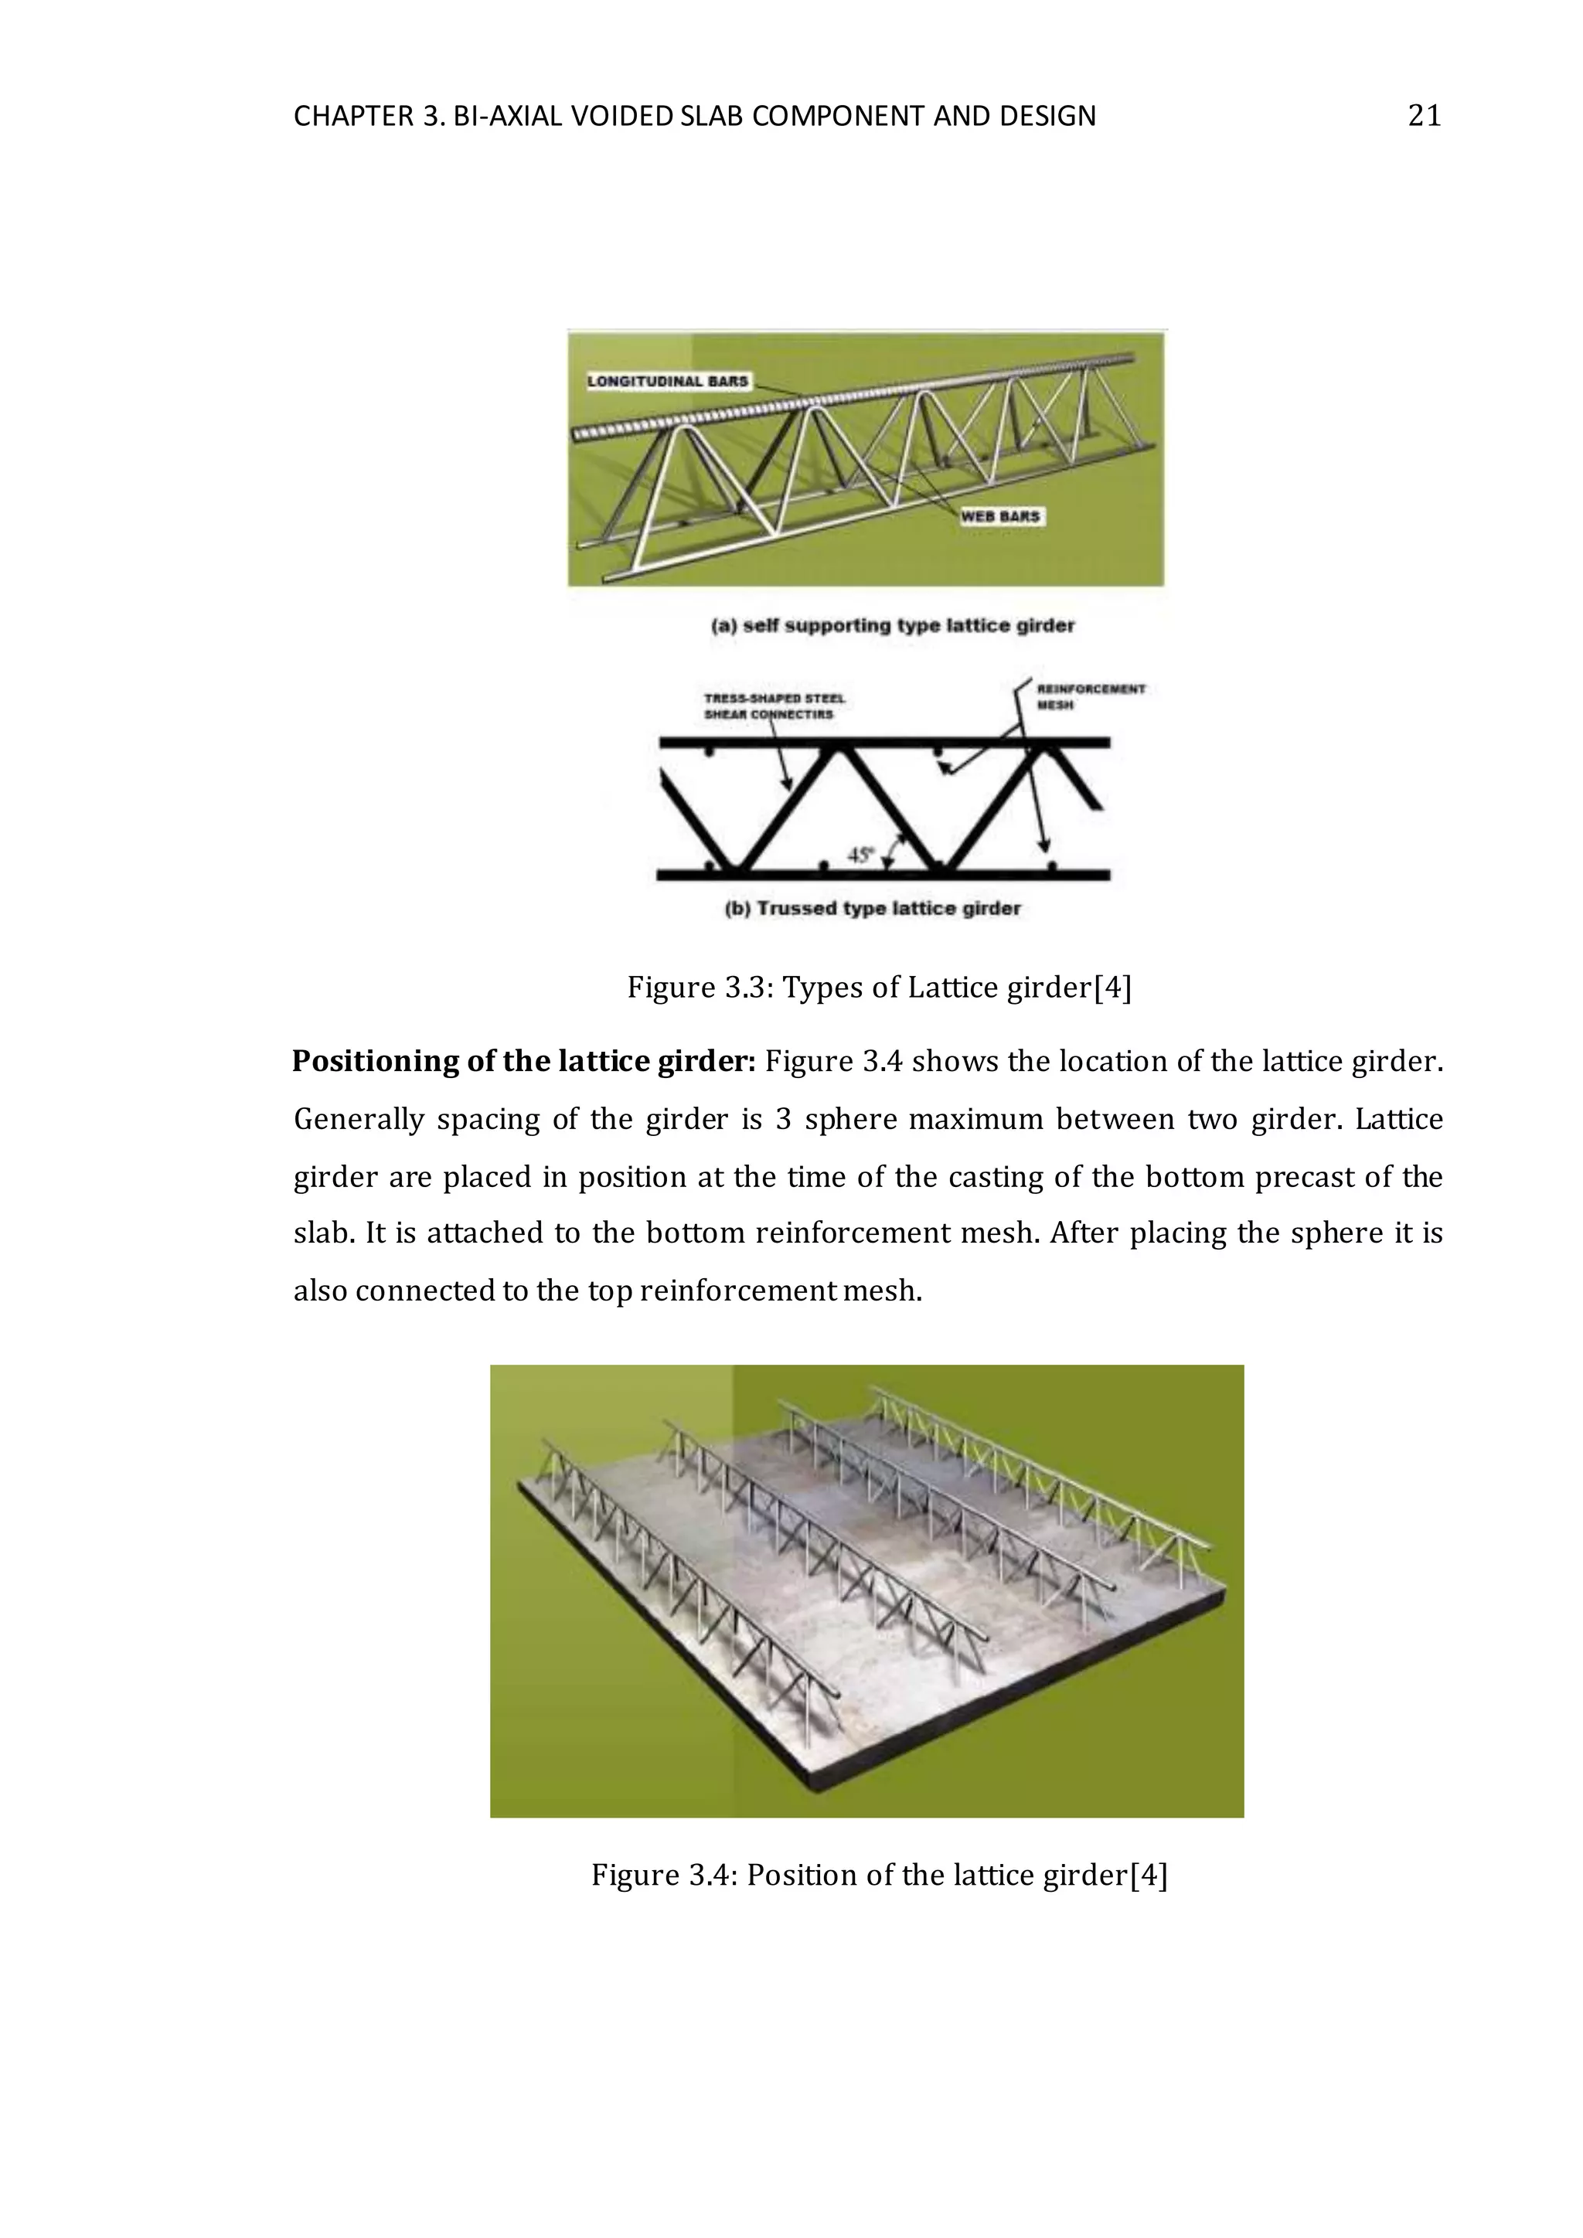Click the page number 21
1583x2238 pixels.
(1424, 116)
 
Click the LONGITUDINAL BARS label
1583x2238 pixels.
(667, 381)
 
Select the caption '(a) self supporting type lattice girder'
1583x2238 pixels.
(892, 626)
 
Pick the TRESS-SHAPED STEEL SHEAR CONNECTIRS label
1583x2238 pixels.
(774, 706)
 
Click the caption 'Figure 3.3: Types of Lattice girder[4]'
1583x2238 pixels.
(878, 988)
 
